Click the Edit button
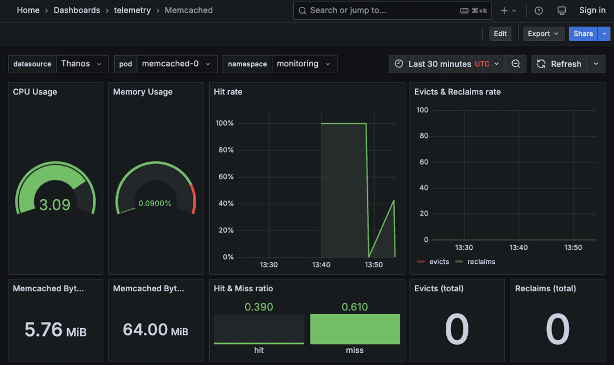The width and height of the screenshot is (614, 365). click(500, 33)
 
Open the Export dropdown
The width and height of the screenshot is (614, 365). click(544, 33)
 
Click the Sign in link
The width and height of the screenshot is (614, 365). click(592, 10)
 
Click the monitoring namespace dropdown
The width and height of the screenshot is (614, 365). click(304, 64)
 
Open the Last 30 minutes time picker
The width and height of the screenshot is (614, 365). click(447, 64)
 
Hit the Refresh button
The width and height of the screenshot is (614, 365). click(559, 64)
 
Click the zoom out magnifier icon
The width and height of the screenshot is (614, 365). click(516, 64)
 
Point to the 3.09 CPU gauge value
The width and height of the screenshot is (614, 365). click(55, 204)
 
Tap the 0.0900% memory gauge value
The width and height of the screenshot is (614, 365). click(155, 203)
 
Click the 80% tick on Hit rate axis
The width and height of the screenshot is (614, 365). click(225, 150)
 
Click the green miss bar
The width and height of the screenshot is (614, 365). click(355, 329)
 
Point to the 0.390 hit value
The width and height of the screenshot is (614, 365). click(259, 307)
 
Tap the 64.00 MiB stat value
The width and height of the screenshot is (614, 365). click(155, 330)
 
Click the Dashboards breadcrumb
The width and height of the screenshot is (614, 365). click(77, 10)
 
